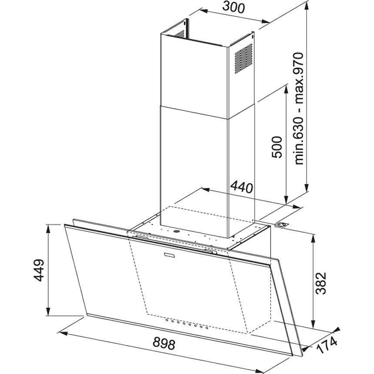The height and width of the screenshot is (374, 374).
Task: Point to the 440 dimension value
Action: pyautogui.click(x=241, y=187)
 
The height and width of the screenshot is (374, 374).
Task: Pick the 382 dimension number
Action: pyautogui.click(x=321, y=283)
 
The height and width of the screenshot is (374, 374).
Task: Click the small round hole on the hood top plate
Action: pyautogui.click(x=177, y=232)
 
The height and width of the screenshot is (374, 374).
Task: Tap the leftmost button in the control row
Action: pyautogui.click(x=167, y=321)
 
